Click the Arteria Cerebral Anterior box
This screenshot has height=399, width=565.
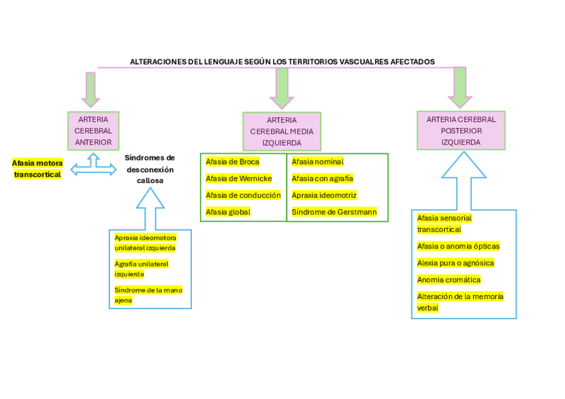click(93, 131)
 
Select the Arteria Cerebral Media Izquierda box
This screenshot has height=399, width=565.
click(281, 131)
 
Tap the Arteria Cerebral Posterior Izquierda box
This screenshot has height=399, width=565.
click(461, 131)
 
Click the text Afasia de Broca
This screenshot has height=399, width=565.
click(232, 162)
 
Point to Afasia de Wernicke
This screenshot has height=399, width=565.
click(239, 179)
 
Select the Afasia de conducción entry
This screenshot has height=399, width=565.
click(243, 195)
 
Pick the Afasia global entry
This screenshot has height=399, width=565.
click(228, 212)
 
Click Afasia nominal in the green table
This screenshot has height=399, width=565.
click(317, 162)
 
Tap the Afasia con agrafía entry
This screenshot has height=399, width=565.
click(322, 179)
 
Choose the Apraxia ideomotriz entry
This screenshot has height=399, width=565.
click(324, 195)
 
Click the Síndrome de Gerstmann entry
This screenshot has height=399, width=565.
click(334, 212)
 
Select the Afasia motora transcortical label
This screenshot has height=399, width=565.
click(37, 169)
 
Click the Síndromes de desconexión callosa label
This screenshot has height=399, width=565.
click(150, 169)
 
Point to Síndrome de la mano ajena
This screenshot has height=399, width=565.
click(148, 295)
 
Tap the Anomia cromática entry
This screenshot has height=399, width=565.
click(448, 280)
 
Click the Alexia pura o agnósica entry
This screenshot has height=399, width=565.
click(455, 263)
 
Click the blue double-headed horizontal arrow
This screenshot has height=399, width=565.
click(93, 170)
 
